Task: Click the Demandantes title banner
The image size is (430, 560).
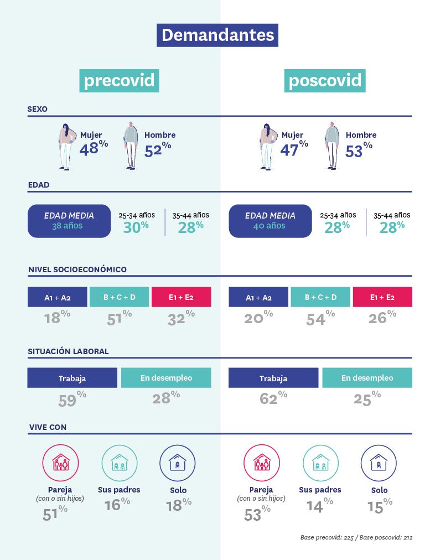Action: (x=217, y=35)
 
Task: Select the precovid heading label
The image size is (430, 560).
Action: (x=119, y=81)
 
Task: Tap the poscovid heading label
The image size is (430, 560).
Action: (x=325, y=81)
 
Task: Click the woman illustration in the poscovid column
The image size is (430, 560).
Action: (x=268, y=146)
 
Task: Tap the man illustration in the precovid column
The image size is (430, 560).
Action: (x=131, y=146)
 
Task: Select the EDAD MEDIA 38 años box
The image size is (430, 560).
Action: (x=69, y=221)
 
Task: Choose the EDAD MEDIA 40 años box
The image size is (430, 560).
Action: (x=270, y=221)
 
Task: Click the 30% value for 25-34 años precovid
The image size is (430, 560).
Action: (x=136, y=227)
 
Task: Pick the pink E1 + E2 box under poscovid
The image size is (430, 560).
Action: (x=382, y=297)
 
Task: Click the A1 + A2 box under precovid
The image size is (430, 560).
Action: (x=58, y=297)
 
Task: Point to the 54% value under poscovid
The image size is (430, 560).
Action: (x=320, y=318)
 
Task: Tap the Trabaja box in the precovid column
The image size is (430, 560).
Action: (x=72, y=378)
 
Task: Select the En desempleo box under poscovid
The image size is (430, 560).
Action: (x=367, y=378)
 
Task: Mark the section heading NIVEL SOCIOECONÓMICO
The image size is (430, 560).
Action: (x=77, y=269)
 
